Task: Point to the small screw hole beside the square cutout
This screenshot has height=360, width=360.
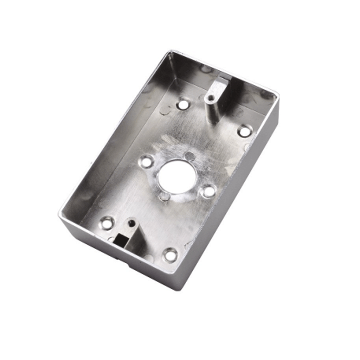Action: (132, 223)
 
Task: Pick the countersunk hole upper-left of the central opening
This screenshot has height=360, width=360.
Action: (146, 161)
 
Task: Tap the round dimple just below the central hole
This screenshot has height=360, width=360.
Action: (164, 197)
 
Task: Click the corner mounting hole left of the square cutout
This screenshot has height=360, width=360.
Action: (107, 223)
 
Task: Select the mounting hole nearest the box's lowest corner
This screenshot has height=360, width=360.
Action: (171, 255)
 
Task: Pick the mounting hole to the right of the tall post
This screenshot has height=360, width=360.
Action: (245, 130)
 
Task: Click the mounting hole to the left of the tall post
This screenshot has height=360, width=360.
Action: (183, 104)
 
